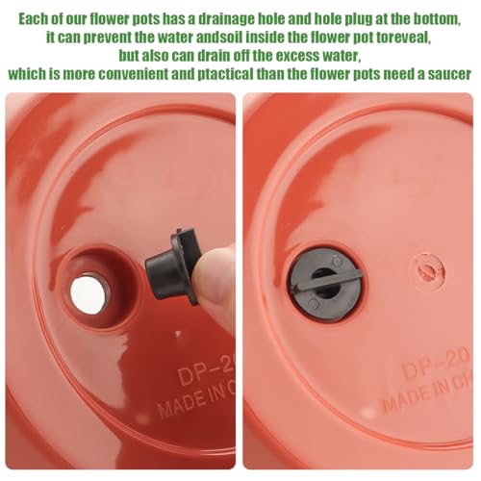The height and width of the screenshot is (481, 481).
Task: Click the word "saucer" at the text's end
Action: (446, 74)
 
